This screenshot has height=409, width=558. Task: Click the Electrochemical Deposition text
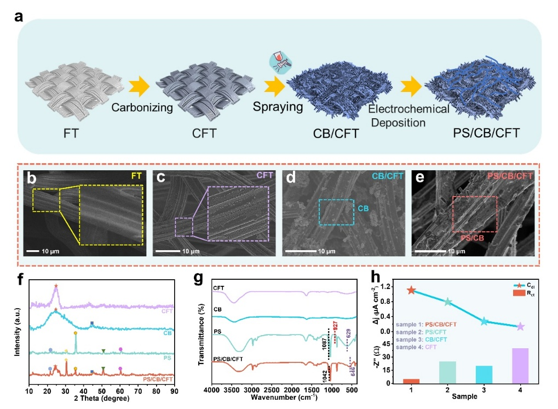click(x=408, y=115)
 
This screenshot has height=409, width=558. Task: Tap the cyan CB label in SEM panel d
click(x=363, y=209)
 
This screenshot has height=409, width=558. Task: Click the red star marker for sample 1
click(x=411, y=290)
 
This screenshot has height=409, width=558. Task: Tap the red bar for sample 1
click(x=411, y=381)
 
